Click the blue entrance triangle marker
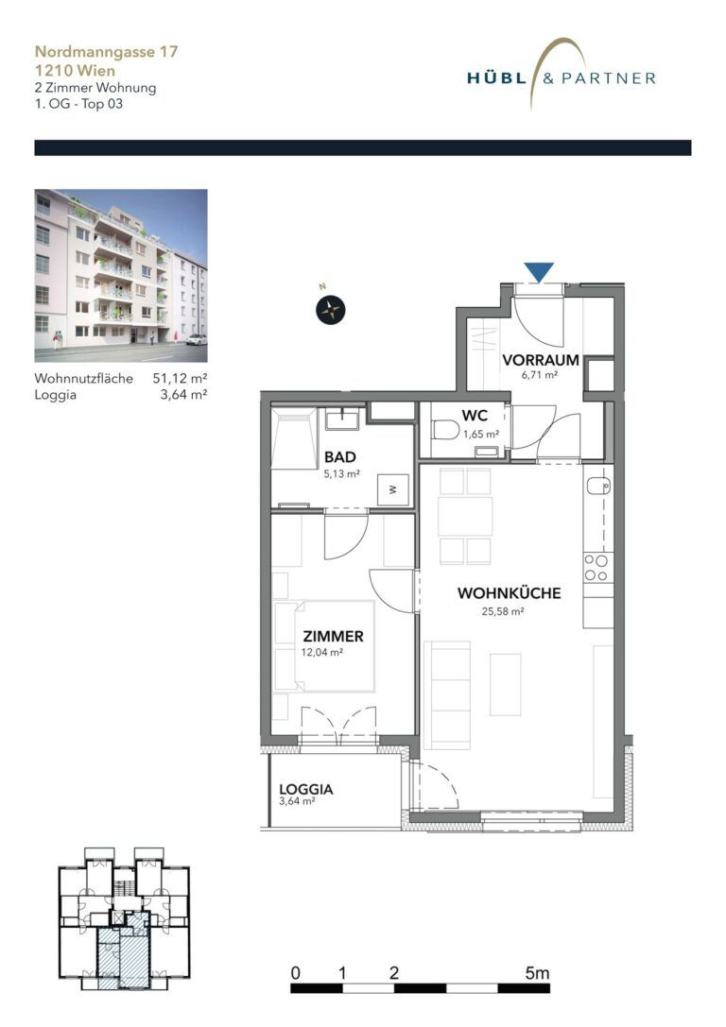pos(539,272)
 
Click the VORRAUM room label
pos(539,360)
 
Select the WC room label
pos(475,416)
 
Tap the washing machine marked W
pos(391,489)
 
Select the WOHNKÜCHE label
pos(509,593)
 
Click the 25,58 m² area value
pos(503,611)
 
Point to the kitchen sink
pos(597,487)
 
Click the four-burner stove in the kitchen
pos(597,567)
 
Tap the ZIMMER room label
pos(333,636)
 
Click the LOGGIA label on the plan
pos(306,789)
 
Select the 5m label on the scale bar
pos(537,972)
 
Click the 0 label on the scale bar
pos(296,972)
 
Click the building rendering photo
pos(121,275)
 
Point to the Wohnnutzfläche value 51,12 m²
pos(181,379)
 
